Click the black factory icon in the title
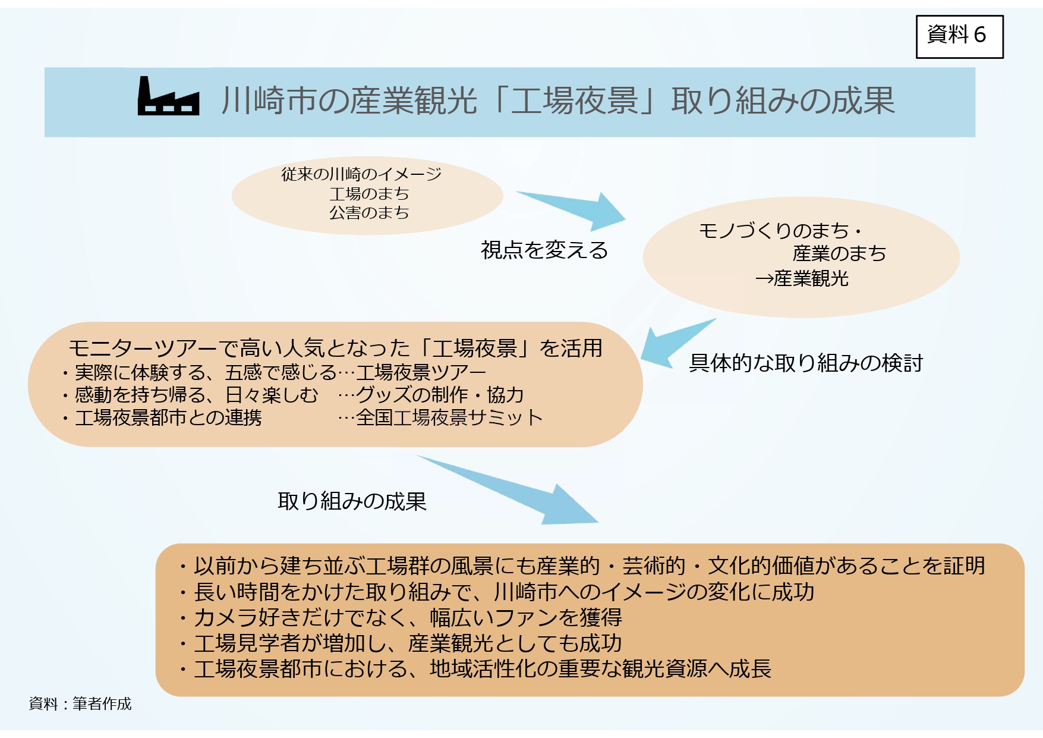coord(168,96)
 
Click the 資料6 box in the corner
coord(959,37)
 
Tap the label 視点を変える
coord(544,250)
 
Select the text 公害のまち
coord(369,212)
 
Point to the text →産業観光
coord(802,278)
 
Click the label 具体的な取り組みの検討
coord(806,363)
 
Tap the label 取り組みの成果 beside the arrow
coord(352,501)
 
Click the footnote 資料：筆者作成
coord(80,704)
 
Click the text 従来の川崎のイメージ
coord(361,174)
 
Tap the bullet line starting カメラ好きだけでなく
coord(401,617)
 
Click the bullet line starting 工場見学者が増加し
coord(401,643)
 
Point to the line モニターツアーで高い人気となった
coord(335,348)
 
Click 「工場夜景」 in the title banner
coord(574,101)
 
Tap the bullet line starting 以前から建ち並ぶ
coord(582,566)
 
